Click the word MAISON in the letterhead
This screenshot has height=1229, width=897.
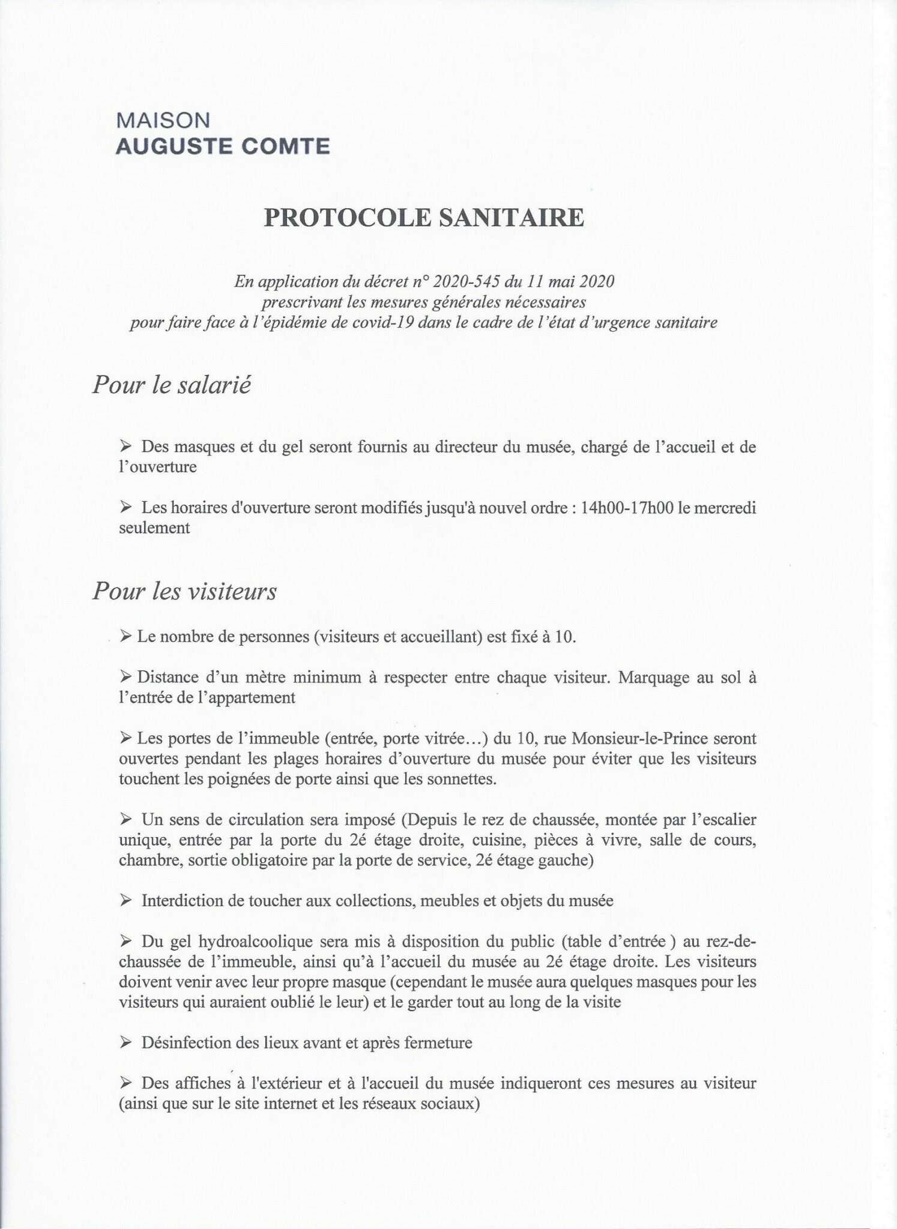coord(163,121)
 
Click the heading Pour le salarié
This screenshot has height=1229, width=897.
coord(172,384)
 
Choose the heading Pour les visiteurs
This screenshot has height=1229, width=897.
coord(184,592)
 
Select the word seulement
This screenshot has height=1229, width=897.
coord(154,527)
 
